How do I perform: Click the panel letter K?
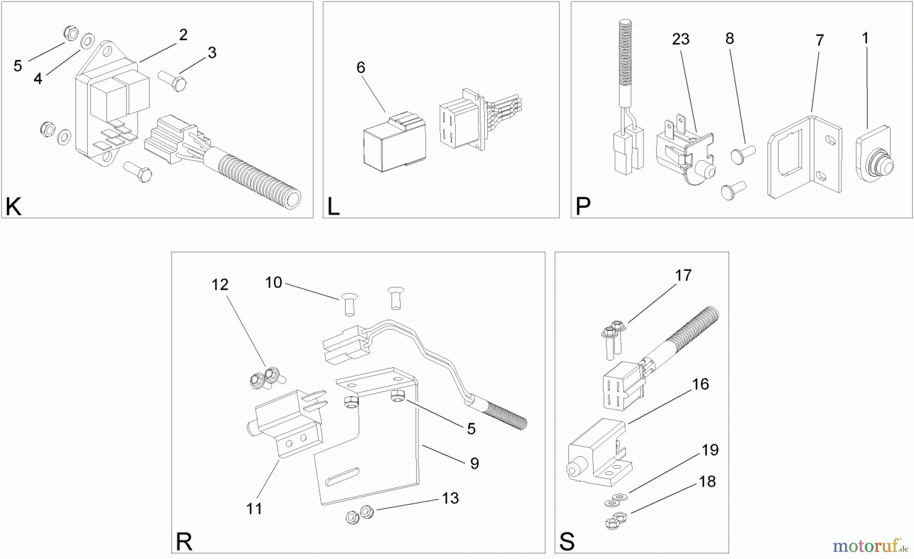14,207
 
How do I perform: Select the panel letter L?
333,207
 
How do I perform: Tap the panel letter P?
583,206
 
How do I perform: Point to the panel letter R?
184,542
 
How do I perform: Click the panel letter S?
567,542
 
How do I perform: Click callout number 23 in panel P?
680,39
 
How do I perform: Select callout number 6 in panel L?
361,67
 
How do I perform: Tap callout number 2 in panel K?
183,35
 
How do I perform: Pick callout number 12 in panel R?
220,285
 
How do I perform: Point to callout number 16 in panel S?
700,384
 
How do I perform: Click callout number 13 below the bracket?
450,498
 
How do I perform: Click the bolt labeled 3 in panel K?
173,81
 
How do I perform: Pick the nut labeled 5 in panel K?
71,34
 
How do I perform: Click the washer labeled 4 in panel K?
87,40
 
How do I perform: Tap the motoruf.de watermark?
869,546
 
